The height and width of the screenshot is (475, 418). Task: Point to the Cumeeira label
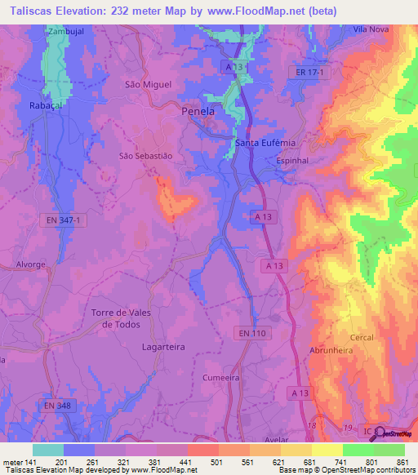pyautogui.click(x=222, y=378)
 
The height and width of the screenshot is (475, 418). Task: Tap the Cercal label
pyautogui.click(x=362, y=337)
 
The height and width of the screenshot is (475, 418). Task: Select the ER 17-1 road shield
pyautogui.click(x=310, y=73)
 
